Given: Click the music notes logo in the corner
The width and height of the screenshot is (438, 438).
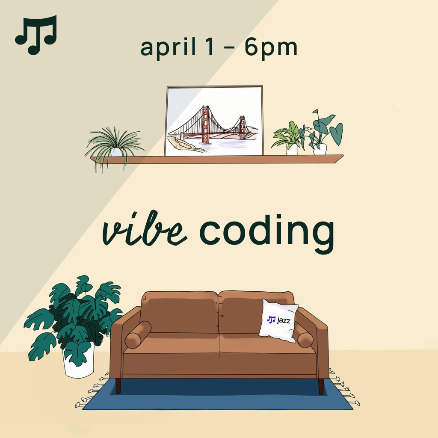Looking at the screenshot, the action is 36,35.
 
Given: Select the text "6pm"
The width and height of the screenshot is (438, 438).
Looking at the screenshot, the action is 271,47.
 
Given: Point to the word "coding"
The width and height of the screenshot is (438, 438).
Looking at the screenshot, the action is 267,233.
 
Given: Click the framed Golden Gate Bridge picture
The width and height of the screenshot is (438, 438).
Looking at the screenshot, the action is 214,121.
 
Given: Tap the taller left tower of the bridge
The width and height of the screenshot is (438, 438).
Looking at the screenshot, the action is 206,124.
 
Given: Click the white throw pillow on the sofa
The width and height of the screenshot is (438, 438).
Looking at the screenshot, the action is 278,321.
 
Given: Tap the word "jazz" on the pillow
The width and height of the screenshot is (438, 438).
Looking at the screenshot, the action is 284,320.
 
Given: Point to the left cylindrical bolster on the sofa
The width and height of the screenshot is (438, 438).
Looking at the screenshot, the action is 138,334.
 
